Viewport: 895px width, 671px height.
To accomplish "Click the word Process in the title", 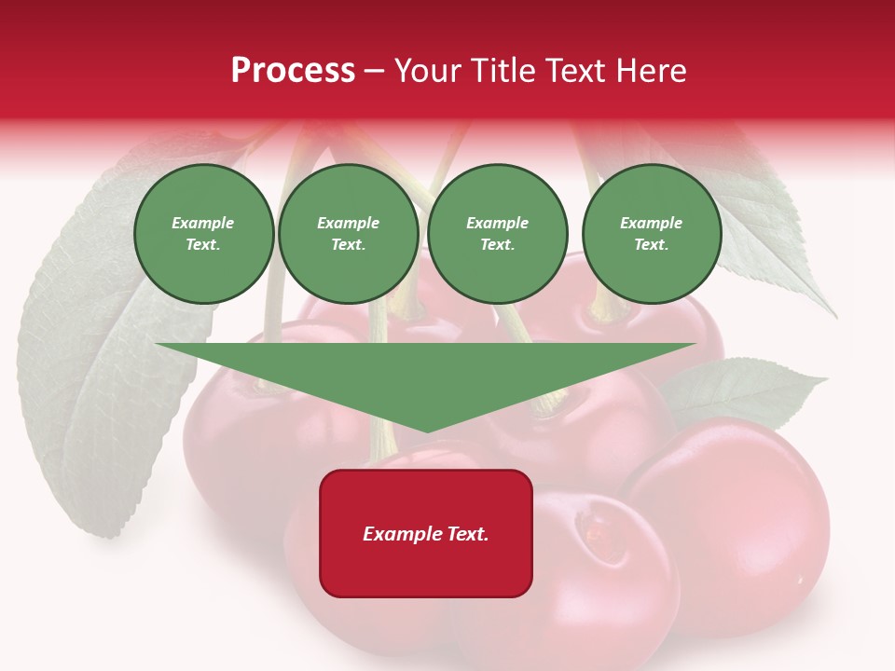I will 293,71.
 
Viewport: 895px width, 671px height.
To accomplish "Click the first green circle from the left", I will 203,234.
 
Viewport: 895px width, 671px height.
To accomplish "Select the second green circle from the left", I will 348,234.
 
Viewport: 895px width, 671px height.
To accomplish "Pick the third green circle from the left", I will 497,234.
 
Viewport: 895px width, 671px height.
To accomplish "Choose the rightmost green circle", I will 651,234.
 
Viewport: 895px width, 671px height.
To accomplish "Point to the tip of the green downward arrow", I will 427,430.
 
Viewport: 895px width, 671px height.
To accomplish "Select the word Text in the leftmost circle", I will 202,245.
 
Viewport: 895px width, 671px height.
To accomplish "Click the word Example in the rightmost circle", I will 651,223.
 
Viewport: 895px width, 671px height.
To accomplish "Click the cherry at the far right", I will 737,522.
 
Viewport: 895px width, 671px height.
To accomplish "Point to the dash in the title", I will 375,71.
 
